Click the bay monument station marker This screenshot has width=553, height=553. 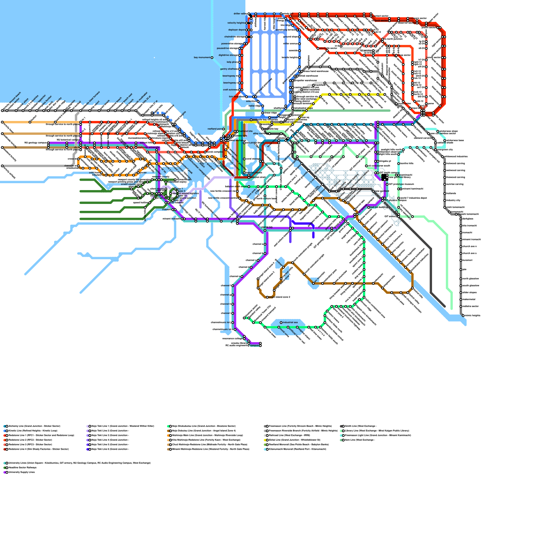click(212, 58)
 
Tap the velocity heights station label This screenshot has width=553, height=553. click(236, 23)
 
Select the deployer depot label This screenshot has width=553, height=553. click(236, 30)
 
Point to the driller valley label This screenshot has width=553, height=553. click(240, 14)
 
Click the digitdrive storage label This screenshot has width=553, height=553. click(228, 55)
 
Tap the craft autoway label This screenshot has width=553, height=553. click(230, 90)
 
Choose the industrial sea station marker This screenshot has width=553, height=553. click(281, 323)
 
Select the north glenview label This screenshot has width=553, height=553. click(471, 279)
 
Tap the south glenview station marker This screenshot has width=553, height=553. click(461, 286)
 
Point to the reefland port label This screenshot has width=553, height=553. click(214, 129)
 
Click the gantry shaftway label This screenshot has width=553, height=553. click(229, 69)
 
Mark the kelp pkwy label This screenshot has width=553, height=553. click(232, 62)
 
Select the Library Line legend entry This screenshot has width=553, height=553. click(377, 431)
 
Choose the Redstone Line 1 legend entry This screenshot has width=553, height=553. click(41, 435)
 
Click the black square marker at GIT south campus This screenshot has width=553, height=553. click(384, 177)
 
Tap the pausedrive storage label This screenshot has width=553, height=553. click(228, 48)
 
